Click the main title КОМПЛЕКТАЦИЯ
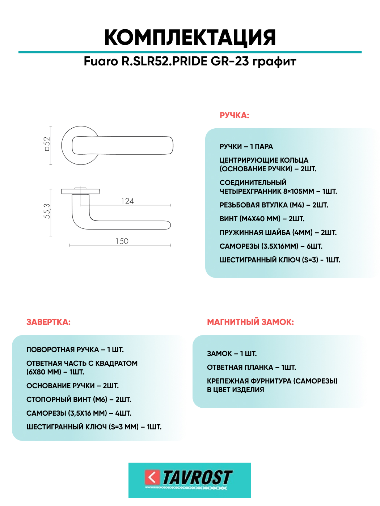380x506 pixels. click(x=190, y=37)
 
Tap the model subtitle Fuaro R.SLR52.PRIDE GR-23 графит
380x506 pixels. click(x=190, y=61)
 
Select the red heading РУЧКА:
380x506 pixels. click(x=234, y=116)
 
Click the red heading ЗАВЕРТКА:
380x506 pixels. click(x=48, y=322)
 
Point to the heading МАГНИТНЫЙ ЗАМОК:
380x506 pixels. click(x=250, y=322)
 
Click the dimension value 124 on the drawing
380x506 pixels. click(x=127, y=201)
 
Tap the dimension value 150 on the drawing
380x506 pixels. click(x=122, y=241)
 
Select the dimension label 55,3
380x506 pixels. click(x=47, y=211)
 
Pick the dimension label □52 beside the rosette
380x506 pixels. click(x=47, y=144)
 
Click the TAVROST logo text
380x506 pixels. click(x=197, y=478)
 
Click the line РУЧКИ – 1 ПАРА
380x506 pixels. click(x=246, y=147)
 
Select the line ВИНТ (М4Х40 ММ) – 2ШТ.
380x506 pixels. click(x=262, y=219)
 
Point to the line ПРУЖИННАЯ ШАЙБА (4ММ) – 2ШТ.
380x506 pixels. click(x=278, y=233)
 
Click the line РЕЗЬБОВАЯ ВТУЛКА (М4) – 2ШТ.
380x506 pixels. click(x=274, y=205)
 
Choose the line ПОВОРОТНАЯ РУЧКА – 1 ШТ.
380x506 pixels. click(x=75, y=350)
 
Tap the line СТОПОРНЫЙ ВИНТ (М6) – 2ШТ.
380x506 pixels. click(x=79, y=400)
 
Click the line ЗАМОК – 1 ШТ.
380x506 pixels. click(x=232, y=354)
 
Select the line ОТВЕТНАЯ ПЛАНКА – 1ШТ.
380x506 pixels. click(x=251, y=368)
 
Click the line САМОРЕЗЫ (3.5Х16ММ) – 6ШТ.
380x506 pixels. click(x=271, y=246)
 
